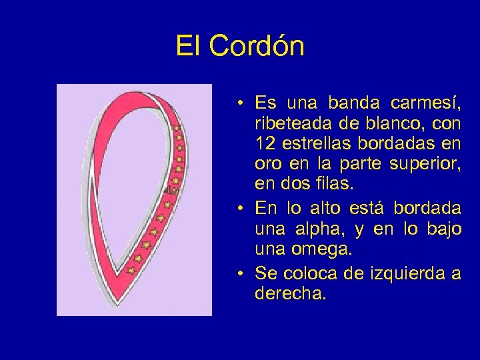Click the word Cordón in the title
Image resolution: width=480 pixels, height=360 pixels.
[x=257, y=47]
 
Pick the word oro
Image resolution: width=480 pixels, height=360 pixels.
[x=267, y=163]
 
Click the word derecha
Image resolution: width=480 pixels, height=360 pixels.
[x=291, y=293]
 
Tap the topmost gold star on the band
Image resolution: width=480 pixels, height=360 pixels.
[x=177, y=126]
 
